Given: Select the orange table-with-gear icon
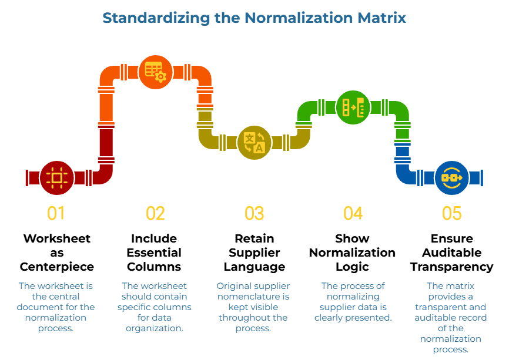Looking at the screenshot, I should [x=156, y=72].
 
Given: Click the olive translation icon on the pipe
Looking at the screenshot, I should [x=254, y=142].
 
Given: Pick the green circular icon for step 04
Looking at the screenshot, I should [x=353, y=107].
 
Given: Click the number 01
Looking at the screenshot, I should [x=56, y=213].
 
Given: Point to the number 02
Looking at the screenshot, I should [x=155, y=213].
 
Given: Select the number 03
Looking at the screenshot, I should [x=254, y=213].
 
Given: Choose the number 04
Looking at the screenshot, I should [x=353, y=213].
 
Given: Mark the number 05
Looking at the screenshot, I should [x=452, y=213].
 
